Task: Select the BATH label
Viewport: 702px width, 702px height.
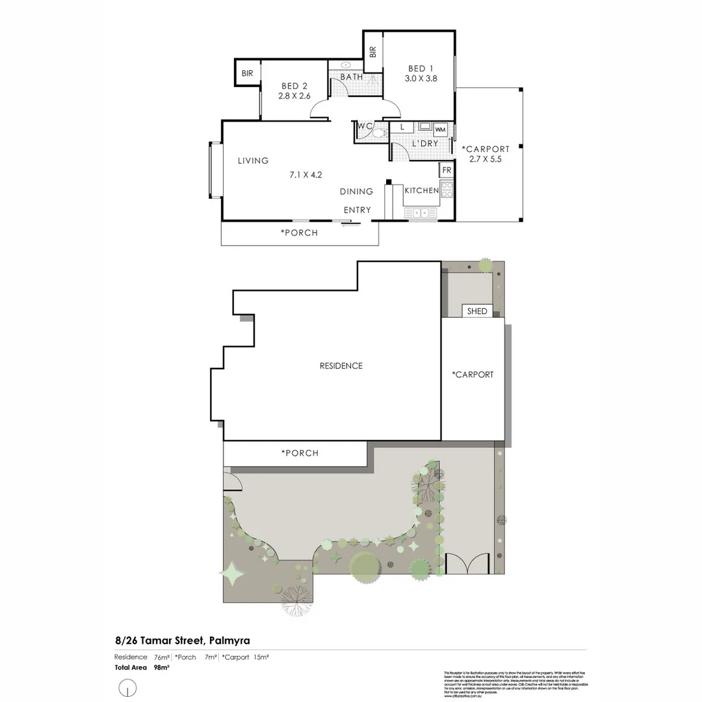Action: pos(352,77)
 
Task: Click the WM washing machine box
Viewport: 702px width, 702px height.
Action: pos(440,129)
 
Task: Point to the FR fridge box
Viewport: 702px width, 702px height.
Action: pos(447,170)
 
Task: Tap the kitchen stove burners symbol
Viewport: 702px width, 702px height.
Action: pos(447,189)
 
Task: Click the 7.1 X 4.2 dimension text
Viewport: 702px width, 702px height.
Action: pos(306,174)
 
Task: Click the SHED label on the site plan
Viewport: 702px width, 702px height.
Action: pos(477,311)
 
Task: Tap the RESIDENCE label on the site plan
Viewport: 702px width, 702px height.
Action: pos(341,366)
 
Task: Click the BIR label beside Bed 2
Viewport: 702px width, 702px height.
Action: pos(247,73)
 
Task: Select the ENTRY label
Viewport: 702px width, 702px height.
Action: pos(357,210)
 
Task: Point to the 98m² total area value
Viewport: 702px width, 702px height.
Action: pos(161,668)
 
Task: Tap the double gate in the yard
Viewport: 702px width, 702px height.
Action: pos(467,563)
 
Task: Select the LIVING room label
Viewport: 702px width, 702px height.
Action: pos(253,161)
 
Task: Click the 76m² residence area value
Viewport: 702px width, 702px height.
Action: pos(161,657)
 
